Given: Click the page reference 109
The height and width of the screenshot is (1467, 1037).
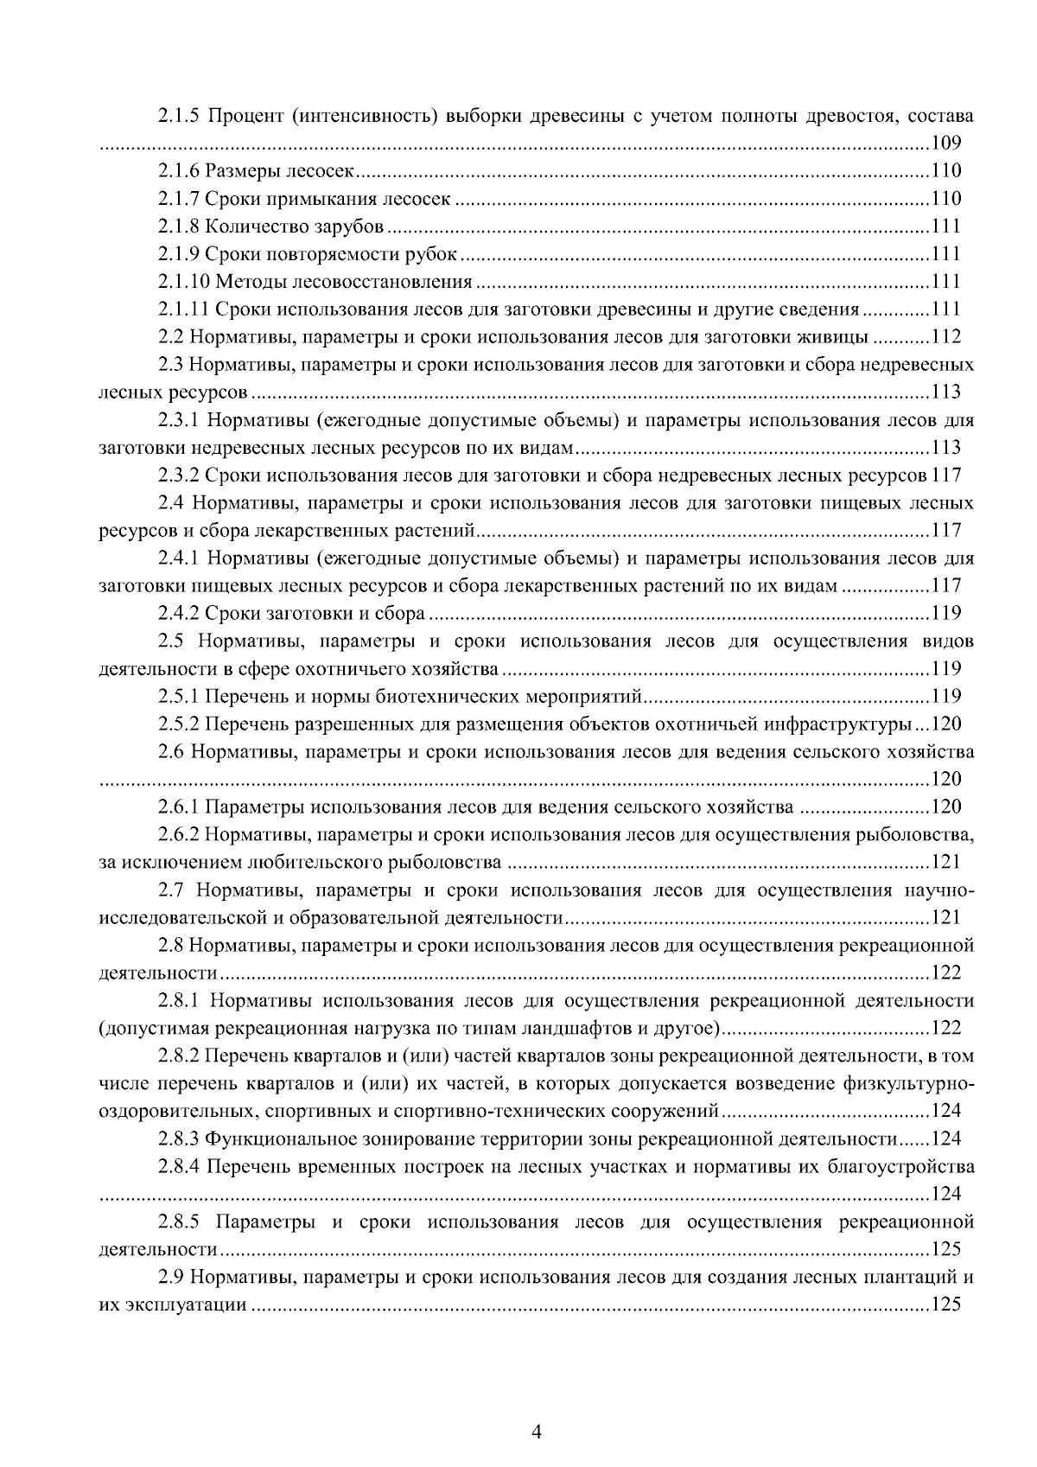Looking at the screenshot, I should click(946, 144).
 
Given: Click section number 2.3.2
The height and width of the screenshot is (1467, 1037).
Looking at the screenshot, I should click(178, 475).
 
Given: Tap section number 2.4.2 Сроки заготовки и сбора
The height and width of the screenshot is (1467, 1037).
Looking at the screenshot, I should click(178, 614).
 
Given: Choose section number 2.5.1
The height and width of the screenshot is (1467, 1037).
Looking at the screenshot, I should click(178, 697).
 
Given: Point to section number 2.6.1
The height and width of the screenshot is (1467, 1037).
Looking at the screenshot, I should click(178, 807).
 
